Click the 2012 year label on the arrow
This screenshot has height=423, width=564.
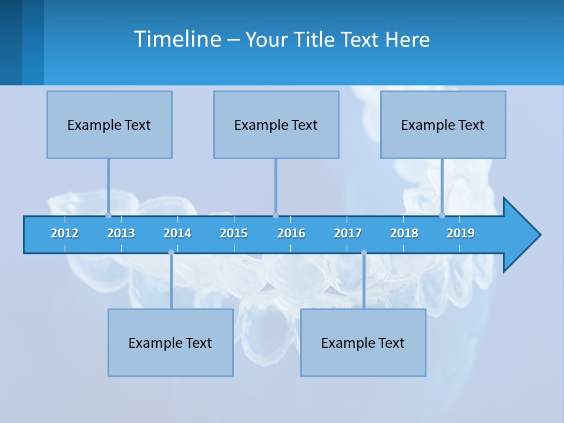pos(65,233)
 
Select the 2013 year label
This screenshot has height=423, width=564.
pos(121,233)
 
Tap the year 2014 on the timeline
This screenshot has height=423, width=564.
pos(177,233)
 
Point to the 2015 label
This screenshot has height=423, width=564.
pos(234,233)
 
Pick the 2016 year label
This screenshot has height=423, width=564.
pos(291,233)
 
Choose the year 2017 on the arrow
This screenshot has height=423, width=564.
pos(348,233)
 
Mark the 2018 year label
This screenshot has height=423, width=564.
pos(404,233)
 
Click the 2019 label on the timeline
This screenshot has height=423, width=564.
pos(461,233)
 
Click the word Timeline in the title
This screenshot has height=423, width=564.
pos(177,39)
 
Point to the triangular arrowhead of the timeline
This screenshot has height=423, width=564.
pos(522,235)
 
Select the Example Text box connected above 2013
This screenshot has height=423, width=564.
pos(109,125)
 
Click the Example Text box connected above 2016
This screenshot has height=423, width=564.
pos(276,125)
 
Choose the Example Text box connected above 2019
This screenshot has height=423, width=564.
pos(443,125)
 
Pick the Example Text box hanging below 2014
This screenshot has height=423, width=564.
pos(170,343)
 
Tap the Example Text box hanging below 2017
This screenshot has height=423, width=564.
pos(363,343)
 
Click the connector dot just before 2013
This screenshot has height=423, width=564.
pos(108,215)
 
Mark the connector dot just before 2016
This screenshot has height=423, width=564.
pos(276,215)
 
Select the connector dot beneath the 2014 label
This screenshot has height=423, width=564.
pos(171,253)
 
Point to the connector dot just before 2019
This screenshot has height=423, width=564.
pos(442,215)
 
